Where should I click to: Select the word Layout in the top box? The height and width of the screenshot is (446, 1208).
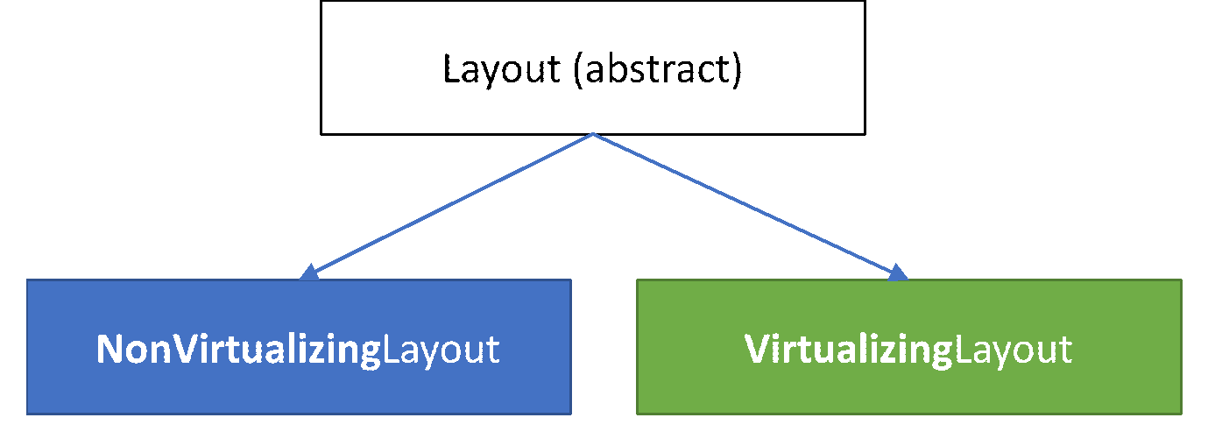501,70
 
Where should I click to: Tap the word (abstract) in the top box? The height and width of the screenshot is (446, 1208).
657,70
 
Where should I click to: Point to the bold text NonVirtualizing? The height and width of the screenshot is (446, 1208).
238,350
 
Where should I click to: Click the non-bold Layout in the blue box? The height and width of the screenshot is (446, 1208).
441,350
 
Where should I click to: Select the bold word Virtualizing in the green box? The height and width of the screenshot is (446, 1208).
847,350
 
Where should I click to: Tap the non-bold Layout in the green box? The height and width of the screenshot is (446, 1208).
1012,350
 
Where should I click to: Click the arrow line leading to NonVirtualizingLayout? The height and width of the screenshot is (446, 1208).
451,204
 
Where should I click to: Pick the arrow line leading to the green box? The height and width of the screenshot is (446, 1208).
745,204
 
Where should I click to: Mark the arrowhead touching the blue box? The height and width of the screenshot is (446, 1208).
309,273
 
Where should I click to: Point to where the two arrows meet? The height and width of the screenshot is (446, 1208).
593,135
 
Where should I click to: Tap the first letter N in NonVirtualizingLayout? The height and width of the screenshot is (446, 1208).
109,350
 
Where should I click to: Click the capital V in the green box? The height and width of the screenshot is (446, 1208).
757,350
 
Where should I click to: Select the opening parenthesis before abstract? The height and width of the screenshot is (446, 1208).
578,70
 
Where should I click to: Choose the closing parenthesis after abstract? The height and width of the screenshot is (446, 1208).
737,70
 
